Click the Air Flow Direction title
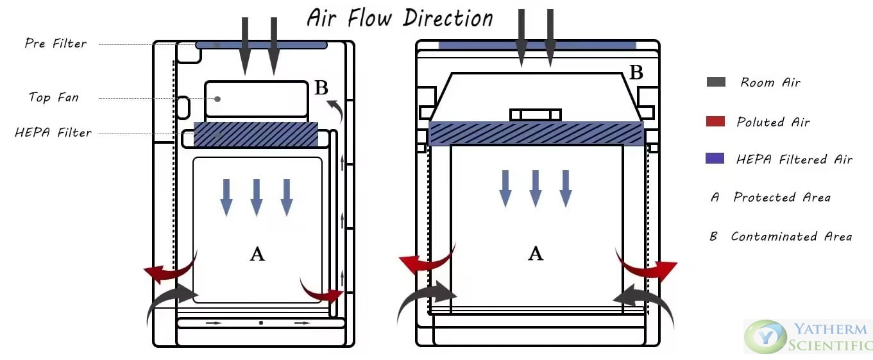coord(400,19)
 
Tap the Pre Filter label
coord(56,43)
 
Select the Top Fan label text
coord(54,97)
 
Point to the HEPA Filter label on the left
coord(53,133)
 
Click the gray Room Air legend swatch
coord(716,82)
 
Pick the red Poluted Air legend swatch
coord(716,121)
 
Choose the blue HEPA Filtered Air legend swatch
coord(715,159)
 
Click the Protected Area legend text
coord(782,197)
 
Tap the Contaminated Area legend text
coord(791,236)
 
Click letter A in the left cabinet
coord(257,254)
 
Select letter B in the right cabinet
coord(636,72)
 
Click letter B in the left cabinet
coord(321,88)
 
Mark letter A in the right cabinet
coord(536,253)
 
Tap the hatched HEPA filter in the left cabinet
coord(256,134)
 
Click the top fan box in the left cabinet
coord(257,99)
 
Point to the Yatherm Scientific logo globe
coord(765,337)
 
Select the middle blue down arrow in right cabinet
coord(536,189)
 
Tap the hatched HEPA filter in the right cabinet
coord(536,133)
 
